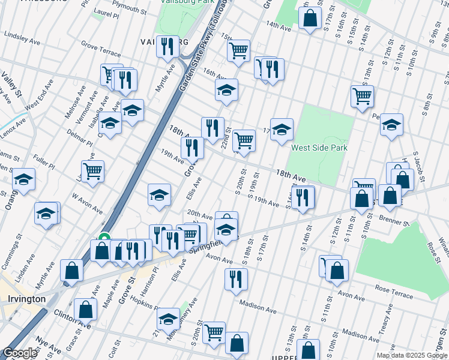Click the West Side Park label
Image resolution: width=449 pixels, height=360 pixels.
[319, 148]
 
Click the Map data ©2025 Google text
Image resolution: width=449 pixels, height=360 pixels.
[411, 355]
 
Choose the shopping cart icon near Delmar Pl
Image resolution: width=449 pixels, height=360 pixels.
[92, 170]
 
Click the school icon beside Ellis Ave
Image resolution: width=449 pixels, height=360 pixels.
[159, 194]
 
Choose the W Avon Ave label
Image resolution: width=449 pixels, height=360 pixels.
[88, 199]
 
